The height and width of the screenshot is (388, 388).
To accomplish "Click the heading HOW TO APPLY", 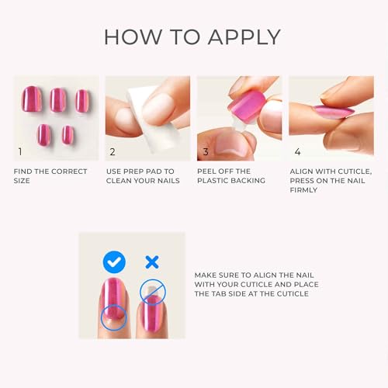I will tap(192, 36).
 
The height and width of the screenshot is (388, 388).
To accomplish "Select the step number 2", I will tap(113, 151).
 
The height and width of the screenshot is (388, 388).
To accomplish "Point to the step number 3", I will tap(206, 151).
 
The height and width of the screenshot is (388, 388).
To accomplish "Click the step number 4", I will tap(297, 151).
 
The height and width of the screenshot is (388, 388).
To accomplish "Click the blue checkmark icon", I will tap(114, 262).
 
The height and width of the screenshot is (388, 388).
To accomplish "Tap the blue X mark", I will tap(151, 262).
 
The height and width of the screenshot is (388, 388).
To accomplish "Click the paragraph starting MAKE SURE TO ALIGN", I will tap(256, 284).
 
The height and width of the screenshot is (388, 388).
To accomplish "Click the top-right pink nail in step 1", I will tap(82, 100).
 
